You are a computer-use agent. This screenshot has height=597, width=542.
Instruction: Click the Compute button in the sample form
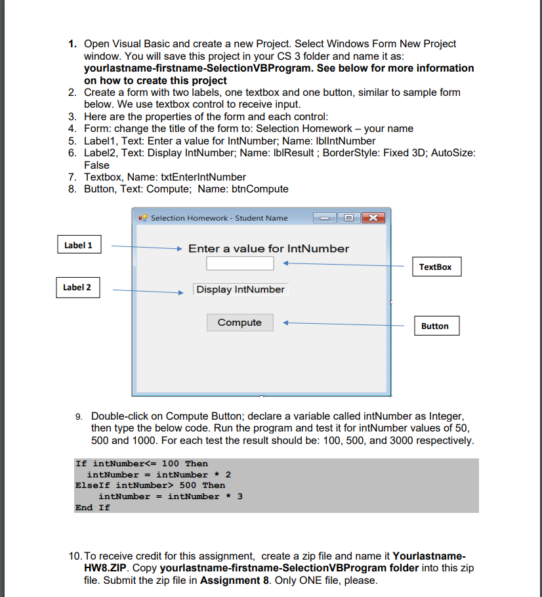(240, 322)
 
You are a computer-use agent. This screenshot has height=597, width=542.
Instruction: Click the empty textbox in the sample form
(240, 263)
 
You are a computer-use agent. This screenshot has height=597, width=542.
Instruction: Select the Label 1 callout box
(78, 246)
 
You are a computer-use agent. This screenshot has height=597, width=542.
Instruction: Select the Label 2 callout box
(77, 287)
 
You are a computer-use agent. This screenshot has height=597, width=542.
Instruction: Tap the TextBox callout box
(436, 267)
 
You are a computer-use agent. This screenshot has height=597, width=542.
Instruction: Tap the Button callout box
(435, 326)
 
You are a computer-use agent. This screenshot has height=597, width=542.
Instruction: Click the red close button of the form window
(373, 218)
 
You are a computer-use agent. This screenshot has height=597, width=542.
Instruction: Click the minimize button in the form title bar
(325, 218)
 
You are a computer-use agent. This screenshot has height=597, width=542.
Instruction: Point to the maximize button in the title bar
(348, 218)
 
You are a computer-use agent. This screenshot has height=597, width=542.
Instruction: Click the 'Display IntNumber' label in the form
(240, 290)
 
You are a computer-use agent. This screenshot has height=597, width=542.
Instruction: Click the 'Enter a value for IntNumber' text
(268, 248)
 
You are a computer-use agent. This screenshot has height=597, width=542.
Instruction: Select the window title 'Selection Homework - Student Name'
(219, 218)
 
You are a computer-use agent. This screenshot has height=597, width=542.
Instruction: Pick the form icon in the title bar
(143, 218)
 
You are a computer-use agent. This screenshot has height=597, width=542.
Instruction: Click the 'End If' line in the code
(93, 507)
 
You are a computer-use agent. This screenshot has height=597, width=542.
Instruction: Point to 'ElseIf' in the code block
(93, 485)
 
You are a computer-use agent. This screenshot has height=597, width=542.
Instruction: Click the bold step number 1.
(73, 44)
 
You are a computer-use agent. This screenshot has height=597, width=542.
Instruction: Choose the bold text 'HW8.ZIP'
(108, 567)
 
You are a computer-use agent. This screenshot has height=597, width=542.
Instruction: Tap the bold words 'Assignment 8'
(231, 580)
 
